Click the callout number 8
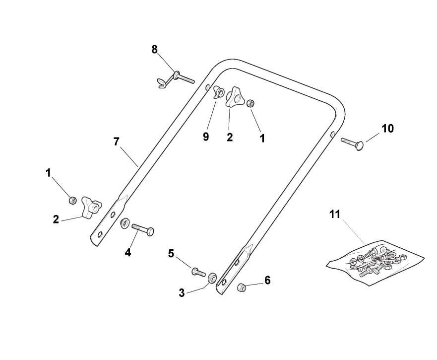coord(154,49)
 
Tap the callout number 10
coord(387,129)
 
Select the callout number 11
coord(335,215)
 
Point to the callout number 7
coord(116,142)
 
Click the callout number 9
coord(206,137)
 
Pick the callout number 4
coord(128,252)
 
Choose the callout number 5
coord(171,254)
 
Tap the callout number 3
coord(182,293)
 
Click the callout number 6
coord(267,281)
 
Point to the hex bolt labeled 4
coord(142,230)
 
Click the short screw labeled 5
coord(198,272)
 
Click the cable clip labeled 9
coord(218,93)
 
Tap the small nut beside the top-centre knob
coord(251,103)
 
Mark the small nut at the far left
coord(72,201)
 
